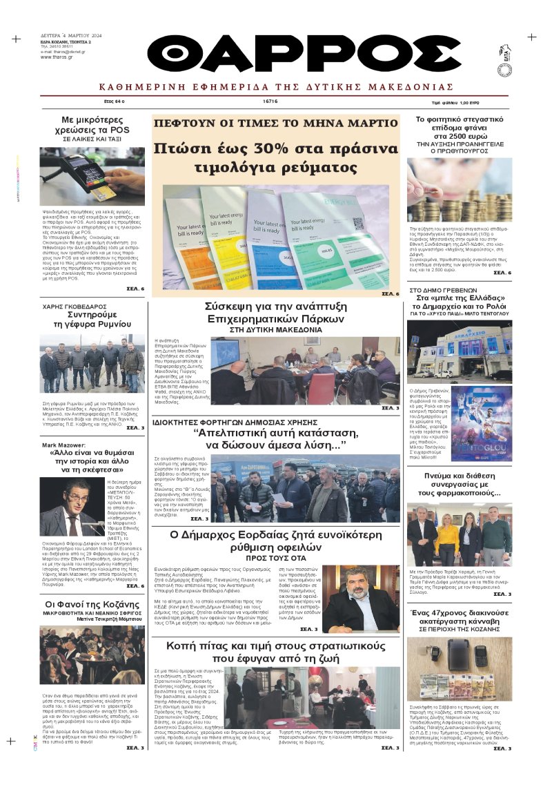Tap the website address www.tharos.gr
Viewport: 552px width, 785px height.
55,57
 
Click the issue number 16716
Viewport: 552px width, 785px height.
270,101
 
